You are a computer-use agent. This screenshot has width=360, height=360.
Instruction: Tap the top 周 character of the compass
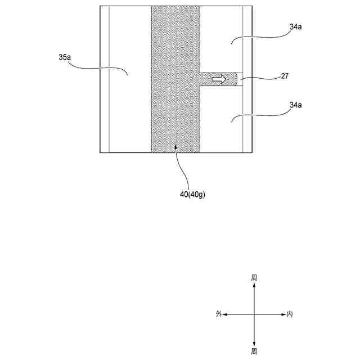(254, 277)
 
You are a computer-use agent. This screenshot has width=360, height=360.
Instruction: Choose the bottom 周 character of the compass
(254, 351)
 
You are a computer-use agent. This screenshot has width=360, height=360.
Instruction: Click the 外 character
(218, 314)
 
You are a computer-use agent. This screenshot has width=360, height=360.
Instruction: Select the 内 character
(290, 314)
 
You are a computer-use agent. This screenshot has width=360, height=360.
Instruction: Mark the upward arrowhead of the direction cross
(254, 286)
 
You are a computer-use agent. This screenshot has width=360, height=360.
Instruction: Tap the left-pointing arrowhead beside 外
(225, 314)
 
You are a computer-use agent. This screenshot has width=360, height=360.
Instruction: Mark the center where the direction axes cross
(254, 314)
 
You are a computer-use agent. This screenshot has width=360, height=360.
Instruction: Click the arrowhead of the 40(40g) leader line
(175, 147)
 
